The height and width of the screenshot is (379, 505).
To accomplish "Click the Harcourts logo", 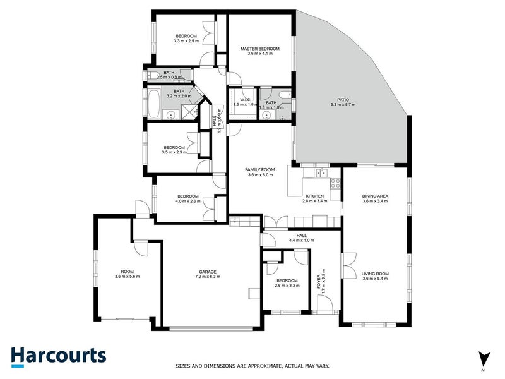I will click(x=58, y=356).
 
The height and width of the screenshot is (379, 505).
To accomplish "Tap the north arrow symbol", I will click(x=484, y=359).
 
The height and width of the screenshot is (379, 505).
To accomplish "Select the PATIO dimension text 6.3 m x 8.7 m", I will click(x=343, y=105).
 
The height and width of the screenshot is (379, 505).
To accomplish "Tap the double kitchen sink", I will click(x=321, y=172).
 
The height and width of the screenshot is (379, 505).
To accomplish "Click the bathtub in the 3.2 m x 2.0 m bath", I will click(x=155, y=103).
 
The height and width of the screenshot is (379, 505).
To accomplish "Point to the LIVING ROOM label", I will click(x=375, y=274).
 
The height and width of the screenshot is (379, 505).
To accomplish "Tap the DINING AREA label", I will click(x=375, y=196).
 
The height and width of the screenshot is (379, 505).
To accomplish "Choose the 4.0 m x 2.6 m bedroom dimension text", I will click(x=188, y=202).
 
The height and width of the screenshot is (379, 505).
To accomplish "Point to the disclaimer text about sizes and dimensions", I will click(x=252, y=366).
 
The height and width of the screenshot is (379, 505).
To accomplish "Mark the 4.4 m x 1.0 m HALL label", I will click(x=301, y=237).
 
